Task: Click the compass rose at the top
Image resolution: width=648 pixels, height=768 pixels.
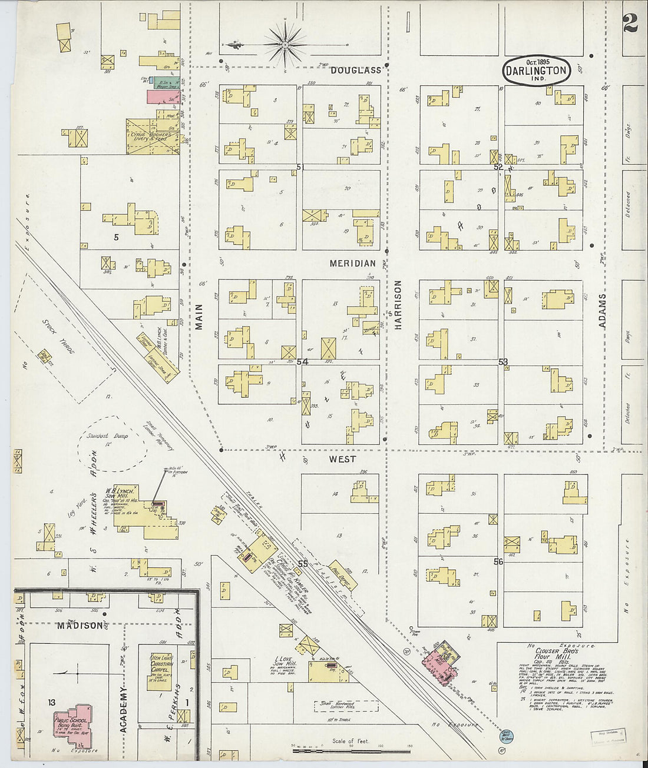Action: click(285, 44)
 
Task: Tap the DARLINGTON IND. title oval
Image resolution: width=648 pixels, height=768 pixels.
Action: click(536, 71)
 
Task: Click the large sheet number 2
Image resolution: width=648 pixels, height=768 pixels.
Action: click(630, 23)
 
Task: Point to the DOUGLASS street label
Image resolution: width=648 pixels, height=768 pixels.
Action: click(355, 70)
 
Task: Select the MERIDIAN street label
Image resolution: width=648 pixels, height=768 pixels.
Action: click(352, 263)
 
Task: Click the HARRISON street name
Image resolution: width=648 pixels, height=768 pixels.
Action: click(398, 304)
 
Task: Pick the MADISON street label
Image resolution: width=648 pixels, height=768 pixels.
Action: click(80, 626)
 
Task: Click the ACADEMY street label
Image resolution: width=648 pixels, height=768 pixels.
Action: click(124, 709)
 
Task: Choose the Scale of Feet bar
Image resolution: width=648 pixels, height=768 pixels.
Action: click(351, 746)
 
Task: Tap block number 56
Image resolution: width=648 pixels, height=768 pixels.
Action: click(498, 562)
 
